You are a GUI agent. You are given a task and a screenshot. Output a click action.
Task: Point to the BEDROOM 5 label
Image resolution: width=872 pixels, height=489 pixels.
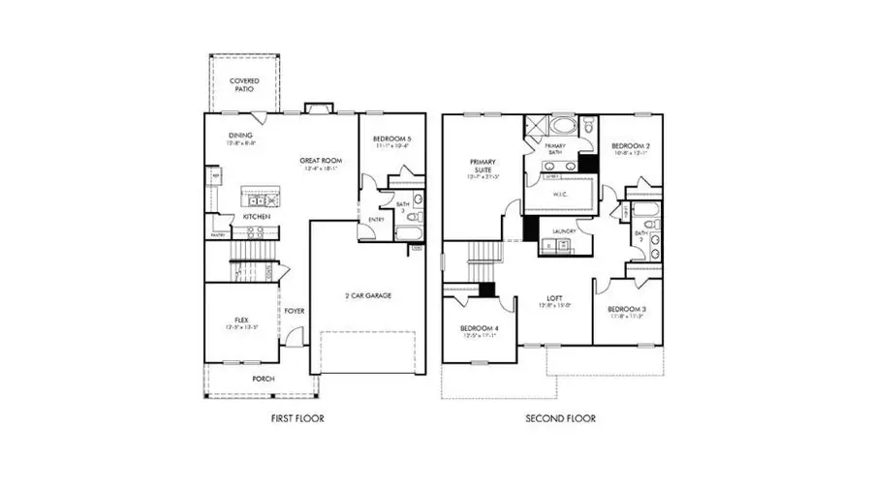point(392,139)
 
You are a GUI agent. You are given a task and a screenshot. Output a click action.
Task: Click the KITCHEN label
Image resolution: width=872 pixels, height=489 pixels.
point(256,216)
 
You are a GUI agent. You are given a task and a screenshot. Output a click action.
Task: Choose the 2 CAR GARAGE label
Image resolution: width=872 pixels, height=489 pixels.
point(368,295)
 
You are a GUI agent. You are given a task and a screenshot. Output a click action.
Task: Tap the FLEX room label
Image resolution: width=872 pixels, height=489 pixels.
point(242,320)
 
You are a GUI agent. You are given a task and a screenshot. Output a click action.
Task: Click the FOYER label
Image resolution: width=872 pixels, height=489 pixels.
point(295,311)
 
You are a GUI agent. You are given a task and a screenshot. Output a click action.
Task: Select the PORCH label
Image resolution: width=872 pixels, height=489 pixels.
point(263,379)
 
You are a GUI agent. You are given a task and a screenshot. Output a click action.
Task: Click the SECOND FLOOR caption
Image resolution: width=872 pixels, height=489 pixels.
point(560,418)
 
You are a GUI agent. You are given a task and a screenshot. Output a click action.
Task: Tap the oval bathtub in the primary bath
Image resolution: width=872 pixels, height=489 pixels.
point(561,125)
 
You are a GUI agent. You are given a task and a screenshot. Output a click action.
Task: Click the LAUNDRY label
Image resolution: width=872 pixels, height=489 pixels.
point(565,231)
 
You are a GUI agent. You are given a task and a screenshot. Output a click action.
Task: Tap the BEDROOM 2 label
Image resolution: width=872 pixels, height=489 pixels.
point(629,147)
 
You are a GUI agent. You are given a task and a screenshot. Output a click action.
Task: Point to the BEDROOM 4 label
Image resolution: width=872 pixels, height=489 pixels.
point(480,329)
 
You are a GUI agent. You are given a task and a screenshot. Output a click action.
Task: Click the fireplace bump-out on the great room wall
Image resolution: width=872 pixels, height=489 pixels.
point(317,108)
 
